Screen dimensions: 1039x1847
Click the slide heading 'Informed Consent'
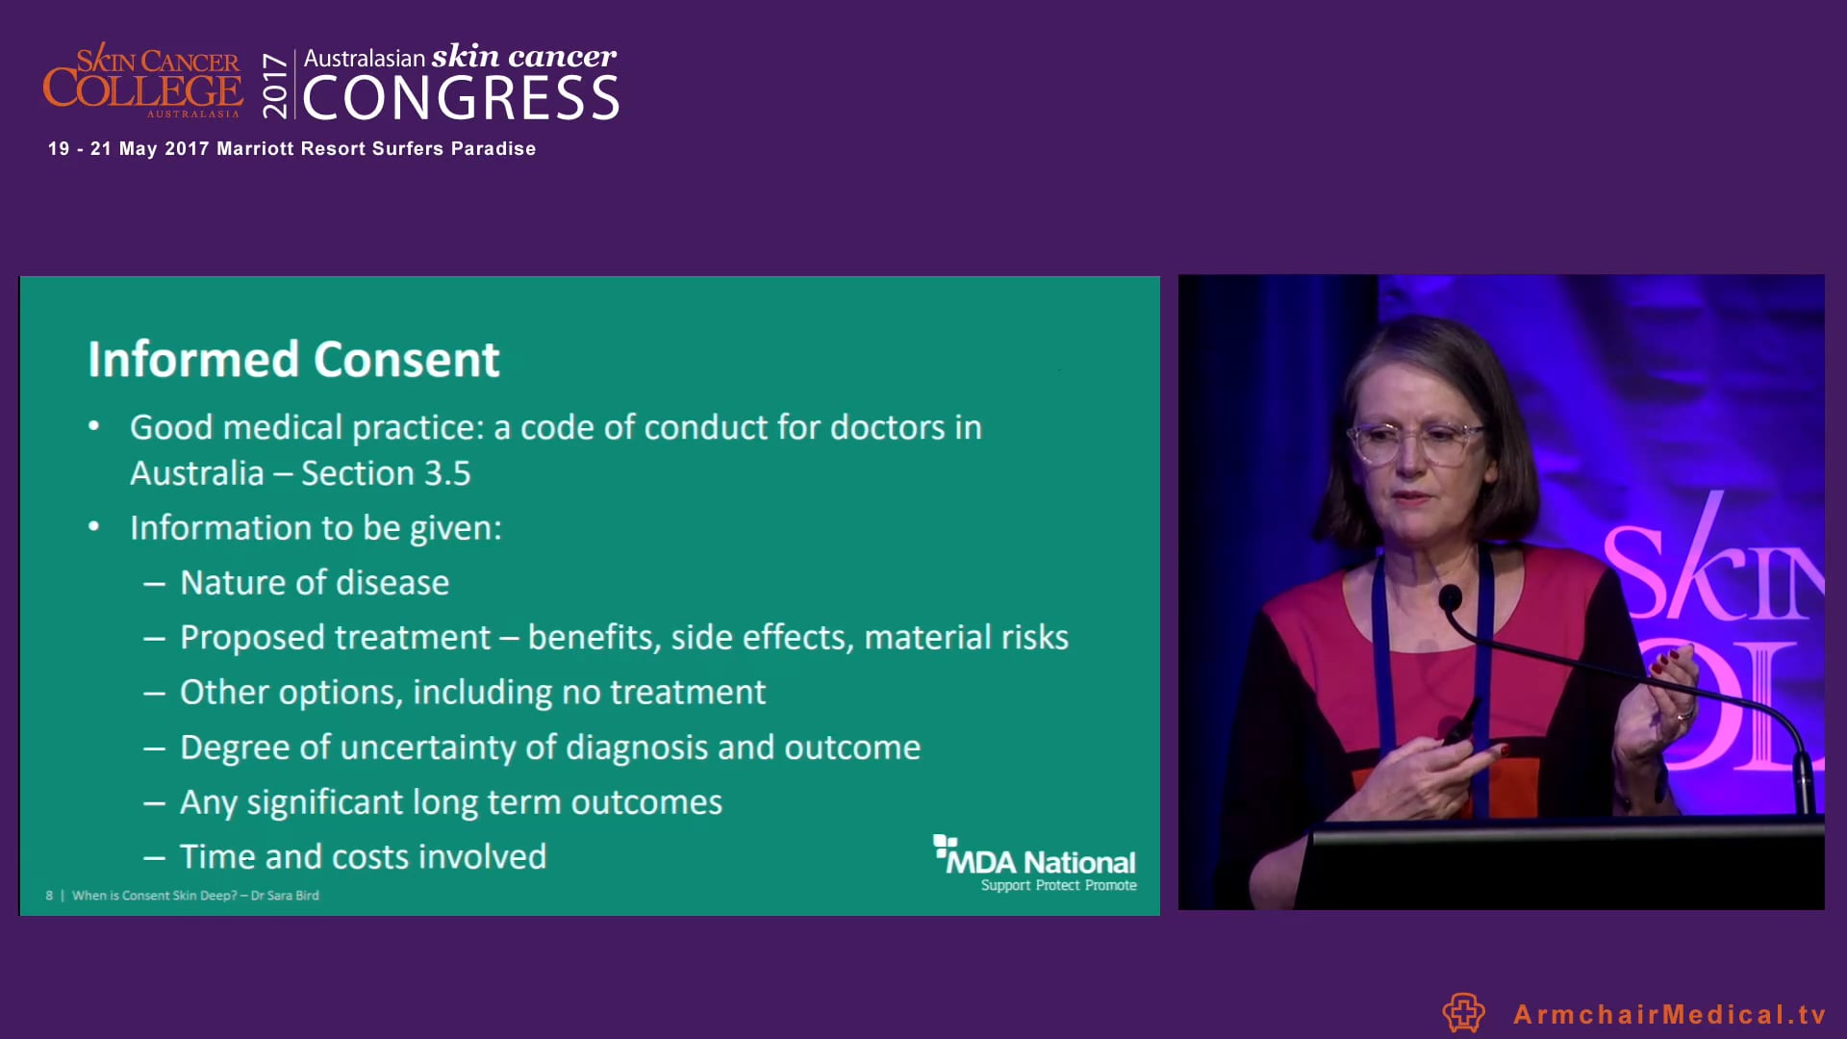click(x=293, y=360)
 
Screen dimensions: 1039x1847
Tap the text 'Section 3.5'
click(x=386, y=473)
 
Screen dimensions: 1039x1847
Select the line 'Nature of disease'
click(x=315, y=583)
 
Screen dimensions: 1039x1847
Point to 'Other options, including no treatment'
click(x=472, y=693)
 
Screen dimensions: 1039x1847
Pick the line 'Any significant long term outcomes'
click(x=450, y=802)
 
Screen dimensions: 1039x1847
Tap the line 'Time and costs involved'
click(x=363, y=857)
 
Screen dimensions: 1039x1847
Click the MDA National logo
click(x=1035, y=862)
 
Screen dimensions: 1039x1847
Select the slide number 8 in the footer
click(x=49, y=896)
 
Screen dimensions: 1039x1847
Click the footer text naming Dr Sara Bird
click(x=195, y=896)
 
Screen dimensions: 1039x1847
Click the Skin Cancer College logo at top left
click(x=142, y=83)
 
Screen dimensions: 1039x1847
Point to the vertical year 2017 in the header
click(x=275, y=85)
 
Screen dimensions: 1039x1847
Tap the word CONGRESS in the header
click(x=462, y=99)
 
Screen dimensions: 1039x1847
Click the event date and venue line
click(x=291, y=149)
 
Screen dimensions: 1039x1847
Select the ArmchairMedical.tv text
click(x=1669, y=1014)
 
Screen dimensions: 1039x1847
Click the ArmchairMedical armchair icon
click(x=1463, y=1013)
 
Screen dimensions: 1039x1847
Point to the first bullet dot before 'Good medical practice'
click(x=93, y=426)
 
